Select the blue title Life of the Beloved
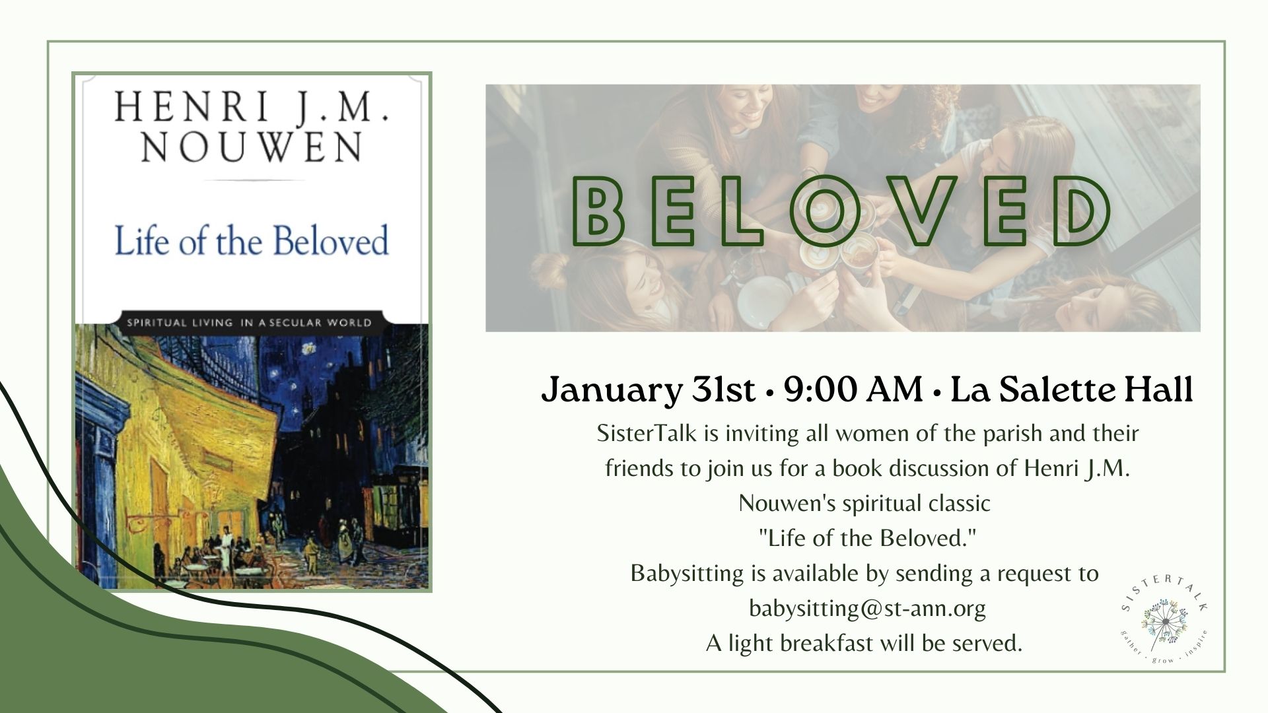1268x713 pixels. [252, 240]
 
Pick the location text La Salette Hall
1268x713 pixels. [1072, 390]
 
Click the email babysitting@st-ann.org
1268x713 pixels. [867, 608]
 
